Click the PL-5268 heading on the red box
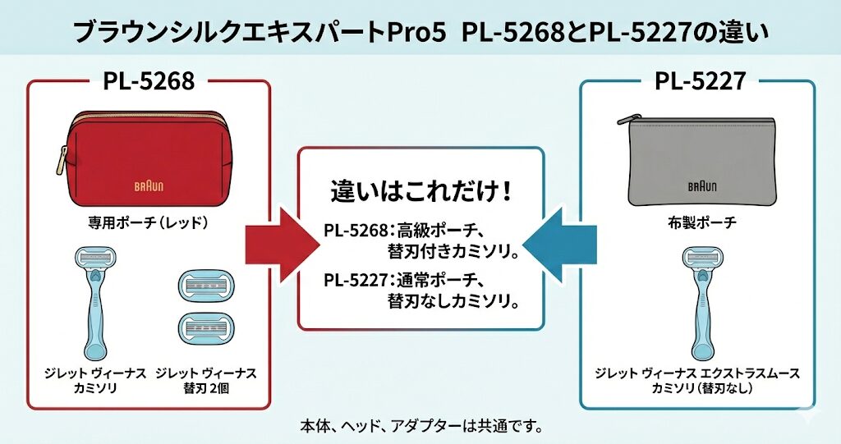point(149,81)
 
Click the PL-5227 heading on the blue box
point(700,81)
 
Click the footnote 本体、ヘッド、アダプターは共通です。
point(420,427)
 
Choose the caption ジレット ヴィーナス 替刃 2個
point(205,380)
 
